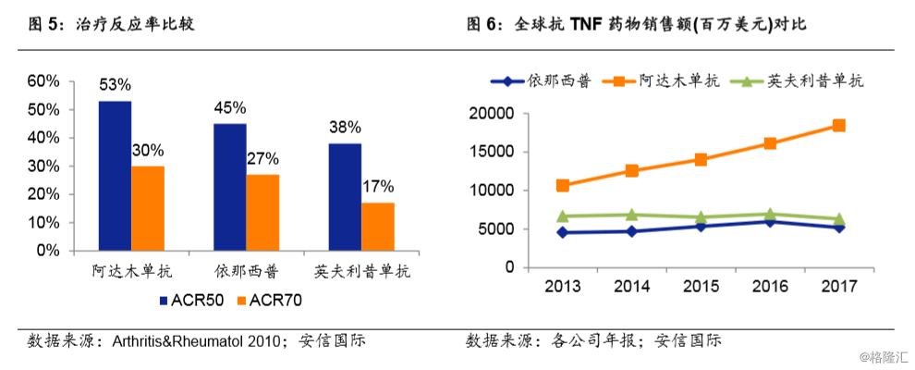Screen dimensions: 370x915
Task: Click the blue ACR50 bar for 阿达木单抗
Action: (x=115, y=176)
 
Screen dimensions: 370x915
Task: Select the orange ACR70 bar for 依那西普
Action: (x=262, y=212)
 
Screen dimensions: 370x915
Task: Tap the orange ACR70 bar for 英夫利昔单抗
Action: (x=377, y=227)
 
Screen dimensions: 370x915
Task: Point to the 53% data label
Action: (x=115, y=86)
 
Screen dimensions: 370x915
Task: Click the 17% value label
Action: (x=377, y=187)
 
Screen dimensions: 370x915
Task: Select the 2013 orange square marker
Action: (x=562, y=185)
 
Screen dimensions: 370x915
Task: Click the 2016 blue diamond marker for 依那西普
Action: (x=770, y=221)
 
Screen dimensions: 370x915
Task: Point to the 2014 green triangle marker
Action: (x=631, y=215)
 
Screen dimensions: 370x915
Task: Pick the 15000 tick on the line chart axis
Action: (x=494, y=152)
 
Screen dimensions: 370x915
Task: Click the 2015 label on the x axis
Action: (x=701, y=286)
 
